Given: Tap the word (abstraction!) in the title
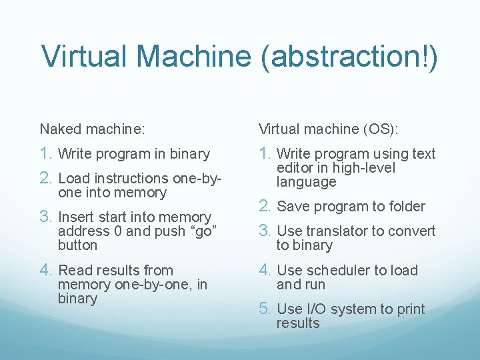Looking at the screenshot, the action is coord(350,57).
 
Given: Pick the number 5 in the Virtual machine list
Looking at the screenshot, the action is coord(265,309).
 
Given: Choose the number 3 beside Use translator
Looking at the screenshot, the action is coord(265,231).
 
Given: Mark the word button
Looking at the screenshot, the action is coord(77,245).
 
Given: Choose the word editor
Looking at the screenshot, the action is coord(294,168).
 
